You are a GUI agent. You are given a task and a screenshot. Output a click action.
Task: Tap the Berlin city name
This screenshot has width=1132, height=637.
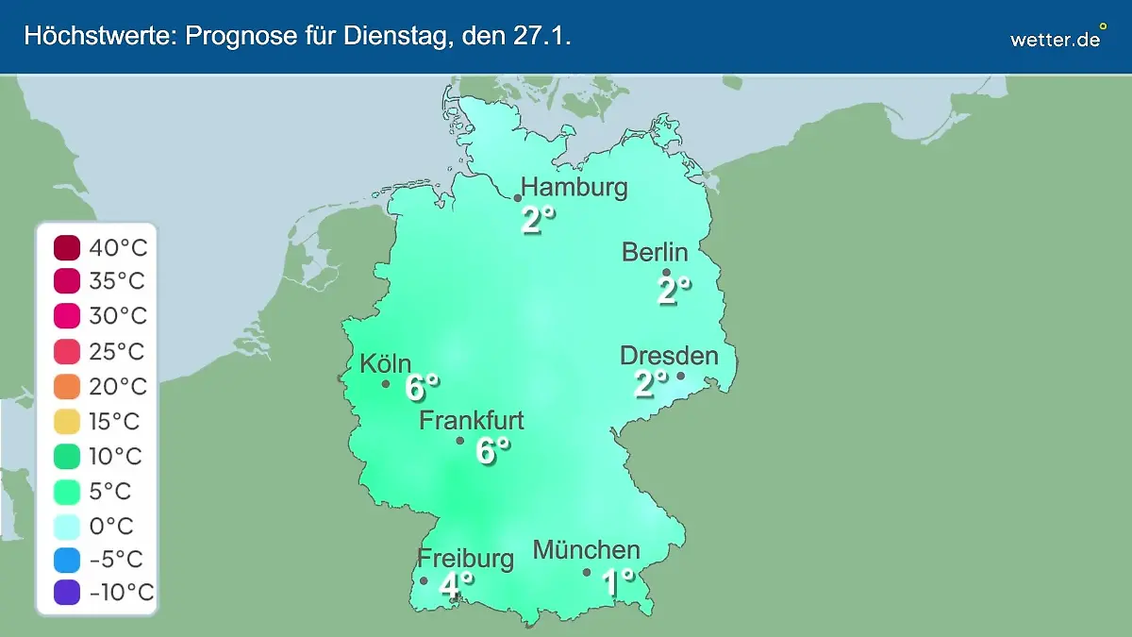(x=655, y=253)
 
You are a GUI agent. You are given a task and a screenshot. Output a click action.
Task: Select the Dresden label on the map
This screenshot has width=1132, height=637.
(x=669, y=356)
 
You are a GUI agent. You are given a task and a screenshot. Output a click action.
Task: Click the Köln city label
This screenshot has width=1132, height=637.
(x=385, y=364)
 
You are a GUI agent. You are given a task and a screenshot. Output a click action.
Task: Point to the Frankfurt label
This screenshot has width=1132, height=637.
(x=472, y=421)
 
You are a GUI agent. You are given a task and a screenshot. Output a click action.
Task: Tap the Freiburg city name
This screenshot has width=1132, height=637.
(x=466, y=558)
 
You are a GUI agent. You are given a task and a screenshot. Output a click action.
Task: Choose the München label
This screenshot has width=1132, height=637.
(x=587, y=550)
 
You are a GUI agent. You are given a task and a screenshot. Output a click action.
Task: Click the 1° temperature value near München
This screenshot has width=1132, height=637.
(x=619, y=582)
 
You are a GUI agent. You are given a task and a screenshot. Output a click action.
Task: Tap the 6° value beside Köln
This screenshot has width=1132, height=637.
(x=422, y=387)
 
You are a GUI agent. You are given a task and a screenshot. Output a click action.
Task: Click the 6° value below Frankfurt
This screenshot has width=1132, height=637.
(x=492, y=451)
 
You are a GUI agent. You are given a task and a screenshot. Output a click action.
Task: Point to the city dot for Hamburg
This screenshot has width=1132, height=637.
(x=518, y=198)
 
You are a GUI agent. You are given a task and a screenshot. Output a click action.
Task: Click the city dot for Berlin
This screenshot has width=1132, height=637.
(x=666, y=273)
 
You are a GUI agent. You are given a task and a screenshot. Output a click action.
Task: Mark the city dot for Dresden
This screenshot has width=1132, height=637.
(x=680, y=376)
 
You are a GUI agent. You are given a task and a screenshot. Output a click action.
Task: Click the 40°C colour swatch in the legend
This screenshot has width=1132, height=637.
(x=68, y=248)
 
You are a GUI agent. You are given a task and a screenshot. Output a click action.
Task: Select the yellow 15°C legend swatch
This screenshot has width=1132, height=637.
(x=68, y=422)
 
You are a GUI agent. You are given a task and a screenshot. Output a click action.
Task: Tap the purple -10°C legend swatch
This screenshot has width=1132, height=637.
(x=68, y=593)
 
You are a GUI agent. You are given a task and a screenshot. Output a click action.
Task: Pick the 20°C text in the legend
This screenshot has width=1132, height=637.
(x=118, y=387)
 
